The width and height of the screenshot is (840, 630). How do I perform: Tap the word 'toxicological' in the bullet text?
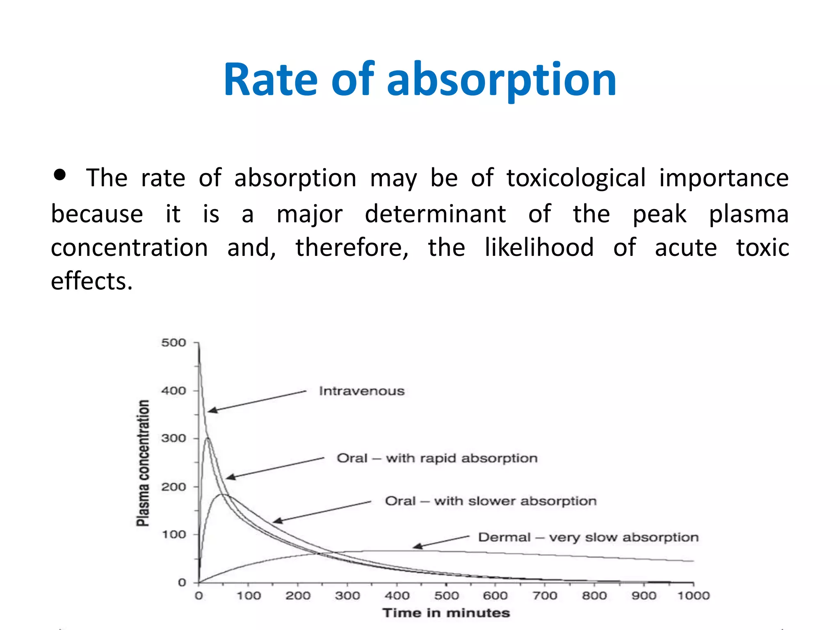[576, 178]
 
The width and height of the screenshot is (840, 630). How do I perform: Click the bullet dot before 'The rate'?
[60, 175]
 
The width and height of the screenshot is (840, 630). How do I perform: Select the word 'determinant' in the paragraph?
[435, 214]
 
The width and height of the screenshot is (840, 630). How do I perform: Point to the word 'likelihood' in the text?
[539, 247]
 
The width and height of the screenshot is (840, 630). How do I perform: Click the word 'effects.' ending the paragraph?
[92, 281]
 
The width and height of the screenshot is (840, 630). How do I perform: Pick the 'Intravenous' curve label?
[362, 391]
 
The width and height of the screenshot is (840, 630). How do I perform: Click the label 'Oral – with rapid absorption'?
[437, 458]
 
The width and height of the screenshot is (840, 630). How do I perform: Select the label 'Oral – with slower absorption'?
[491, 501]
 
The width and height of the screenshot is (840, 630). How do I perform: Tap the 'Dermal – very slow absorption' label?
[588, 537]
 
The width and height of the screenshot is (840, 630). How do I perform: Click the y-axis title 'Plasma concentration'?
[143, 463]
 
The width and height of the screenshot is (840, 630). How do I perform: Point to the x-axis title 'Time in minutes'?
[446, 613]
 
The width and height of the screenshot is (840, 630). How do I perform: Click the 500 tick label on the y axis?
[173, 342]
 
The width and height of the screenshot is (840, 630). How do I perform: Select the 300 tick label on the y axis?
[173, 438]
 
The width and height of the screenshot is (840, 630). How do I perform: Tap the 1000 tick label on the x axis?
[693, 596]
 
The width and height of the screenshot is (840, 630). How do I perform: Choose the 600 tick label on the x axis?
[495, 596]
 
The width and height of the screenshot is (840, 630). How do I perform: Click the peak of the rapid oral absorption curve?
[208, 438]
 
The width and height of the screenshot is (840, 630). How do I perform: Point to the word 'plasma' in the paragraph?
[749, 214]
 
